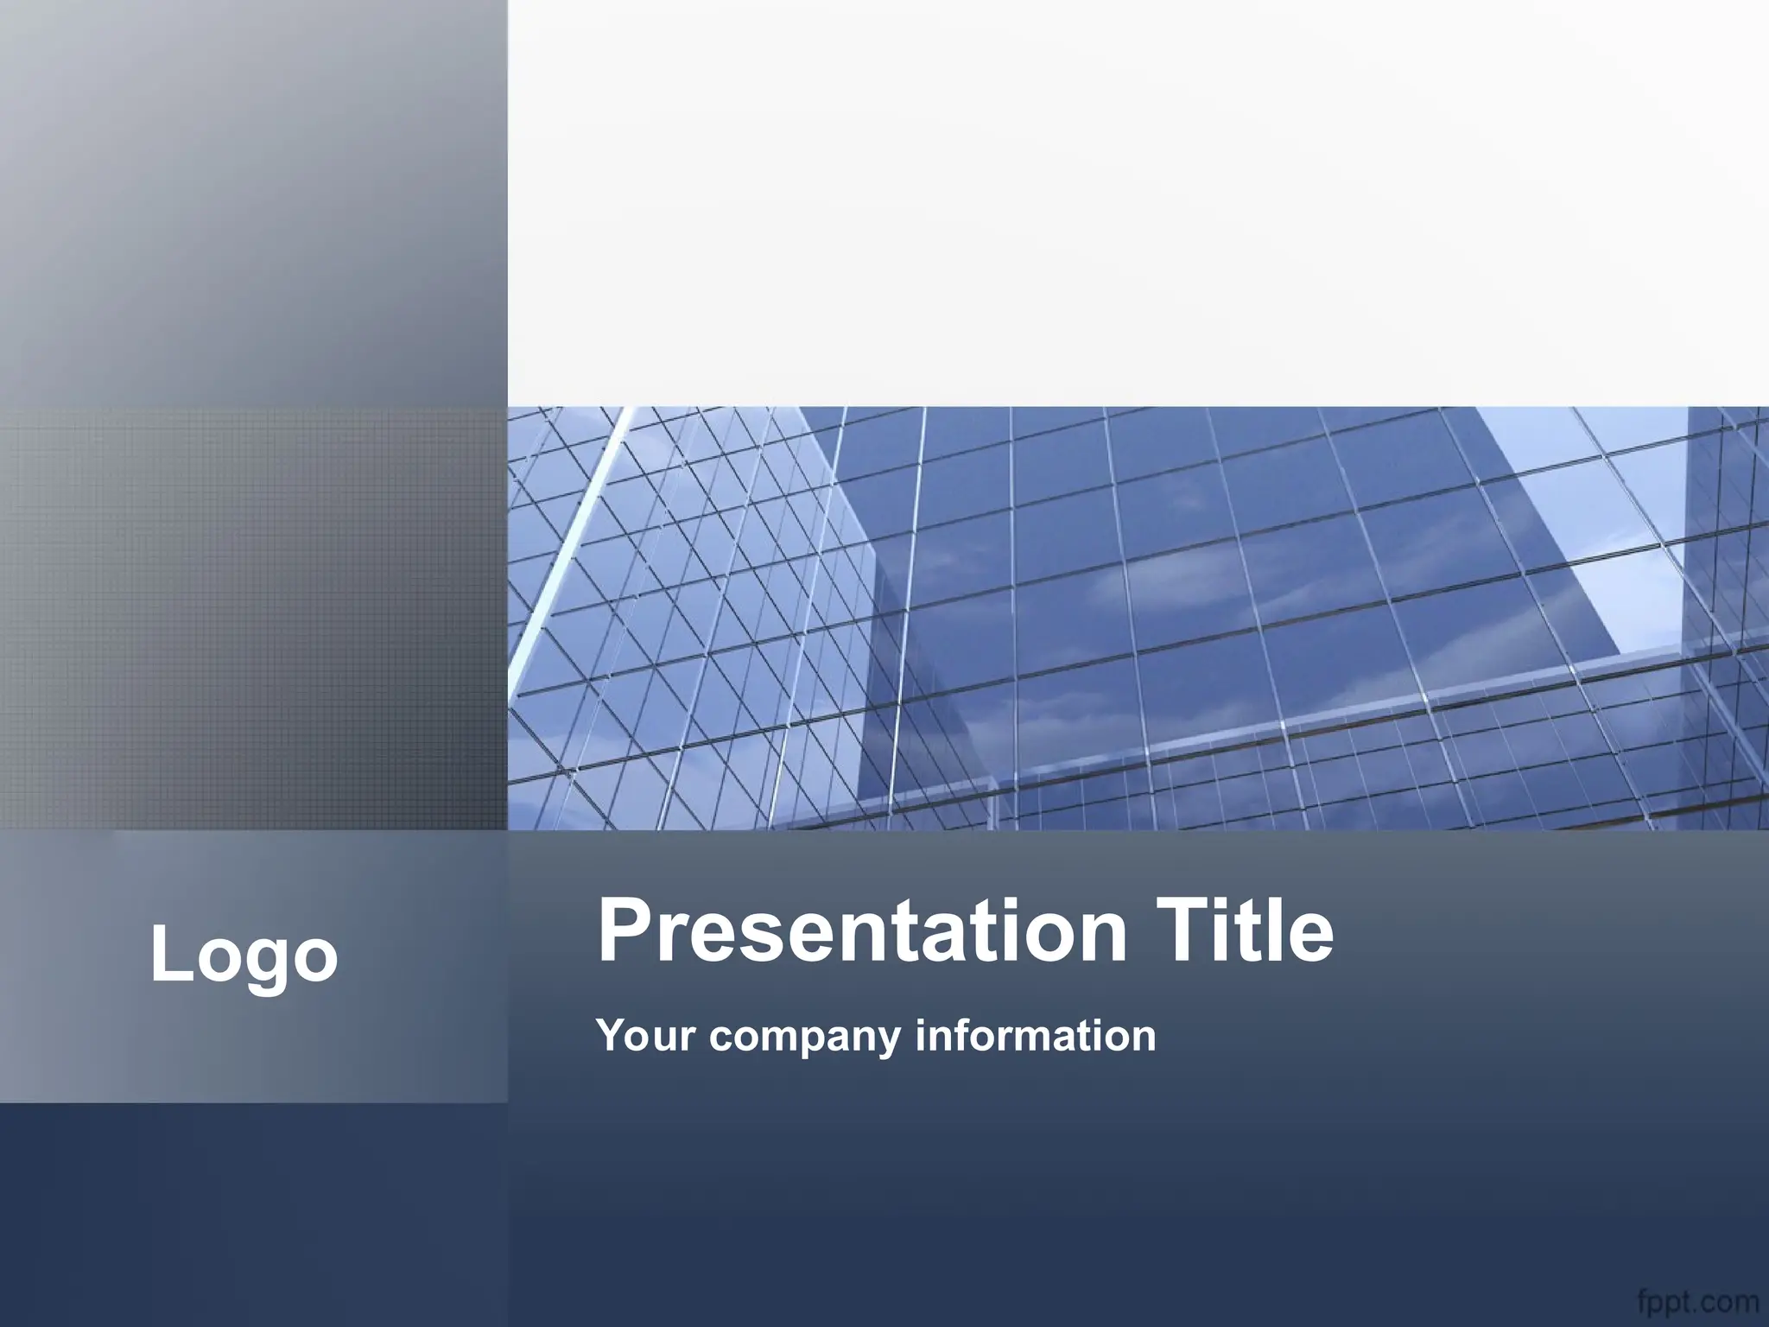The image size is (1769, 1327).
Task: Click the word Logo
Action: [244, 956]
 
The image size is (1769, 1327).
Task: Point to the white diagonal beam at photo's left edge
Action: [561, 553]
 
